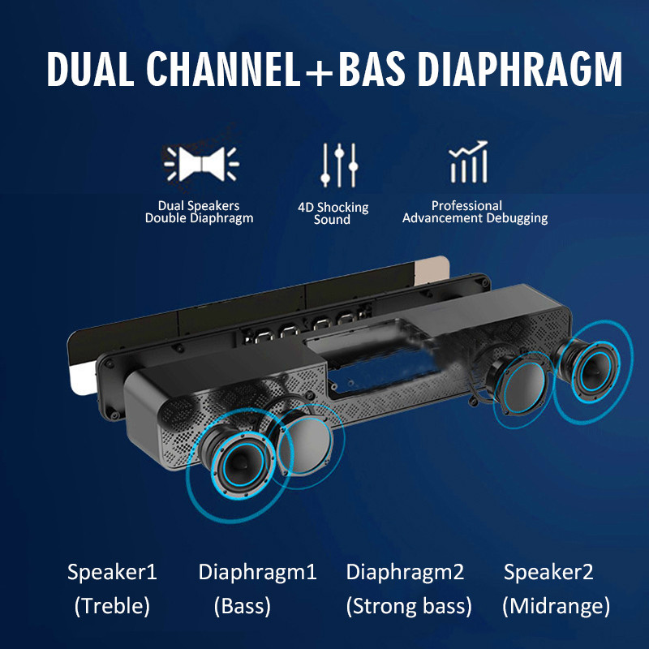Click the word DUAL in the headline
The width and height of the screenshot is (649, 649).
tap(90, 69)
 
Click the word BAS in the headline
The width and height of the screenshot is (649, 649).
tap(371, 69)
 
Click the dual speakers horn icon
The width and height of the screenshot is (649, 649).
tap(201, 164)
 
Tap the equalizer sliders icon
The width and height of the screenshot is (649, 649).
tap(339, 165)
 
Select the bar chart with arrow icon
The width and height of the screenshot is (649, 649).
tap(469, 161)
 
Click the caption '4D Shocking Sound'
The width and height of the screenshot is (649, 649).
tap(333, 213)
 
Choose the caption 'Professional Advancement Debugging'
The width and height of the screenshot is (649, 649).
tap(475, 212)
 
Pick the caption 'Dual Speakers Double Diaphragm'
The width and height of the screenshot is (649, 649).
tap(199, 212)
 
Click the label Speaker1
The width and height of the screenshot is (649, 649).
tap(112, 573)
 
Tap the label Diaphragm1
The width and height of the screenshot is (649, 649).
tap(257, 573)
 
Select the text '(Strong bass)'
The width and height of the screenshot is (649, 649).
tap(409, 606)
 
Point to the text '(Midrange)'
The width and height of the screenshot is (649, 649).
tap(556, 606)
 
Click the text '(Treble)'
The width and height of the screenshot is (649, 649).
tap(112, 606)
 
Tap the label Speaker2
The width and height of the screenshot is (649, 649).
tap(548, 573)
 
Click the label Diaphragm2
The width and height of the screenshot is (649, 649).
tap(405, 573)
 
